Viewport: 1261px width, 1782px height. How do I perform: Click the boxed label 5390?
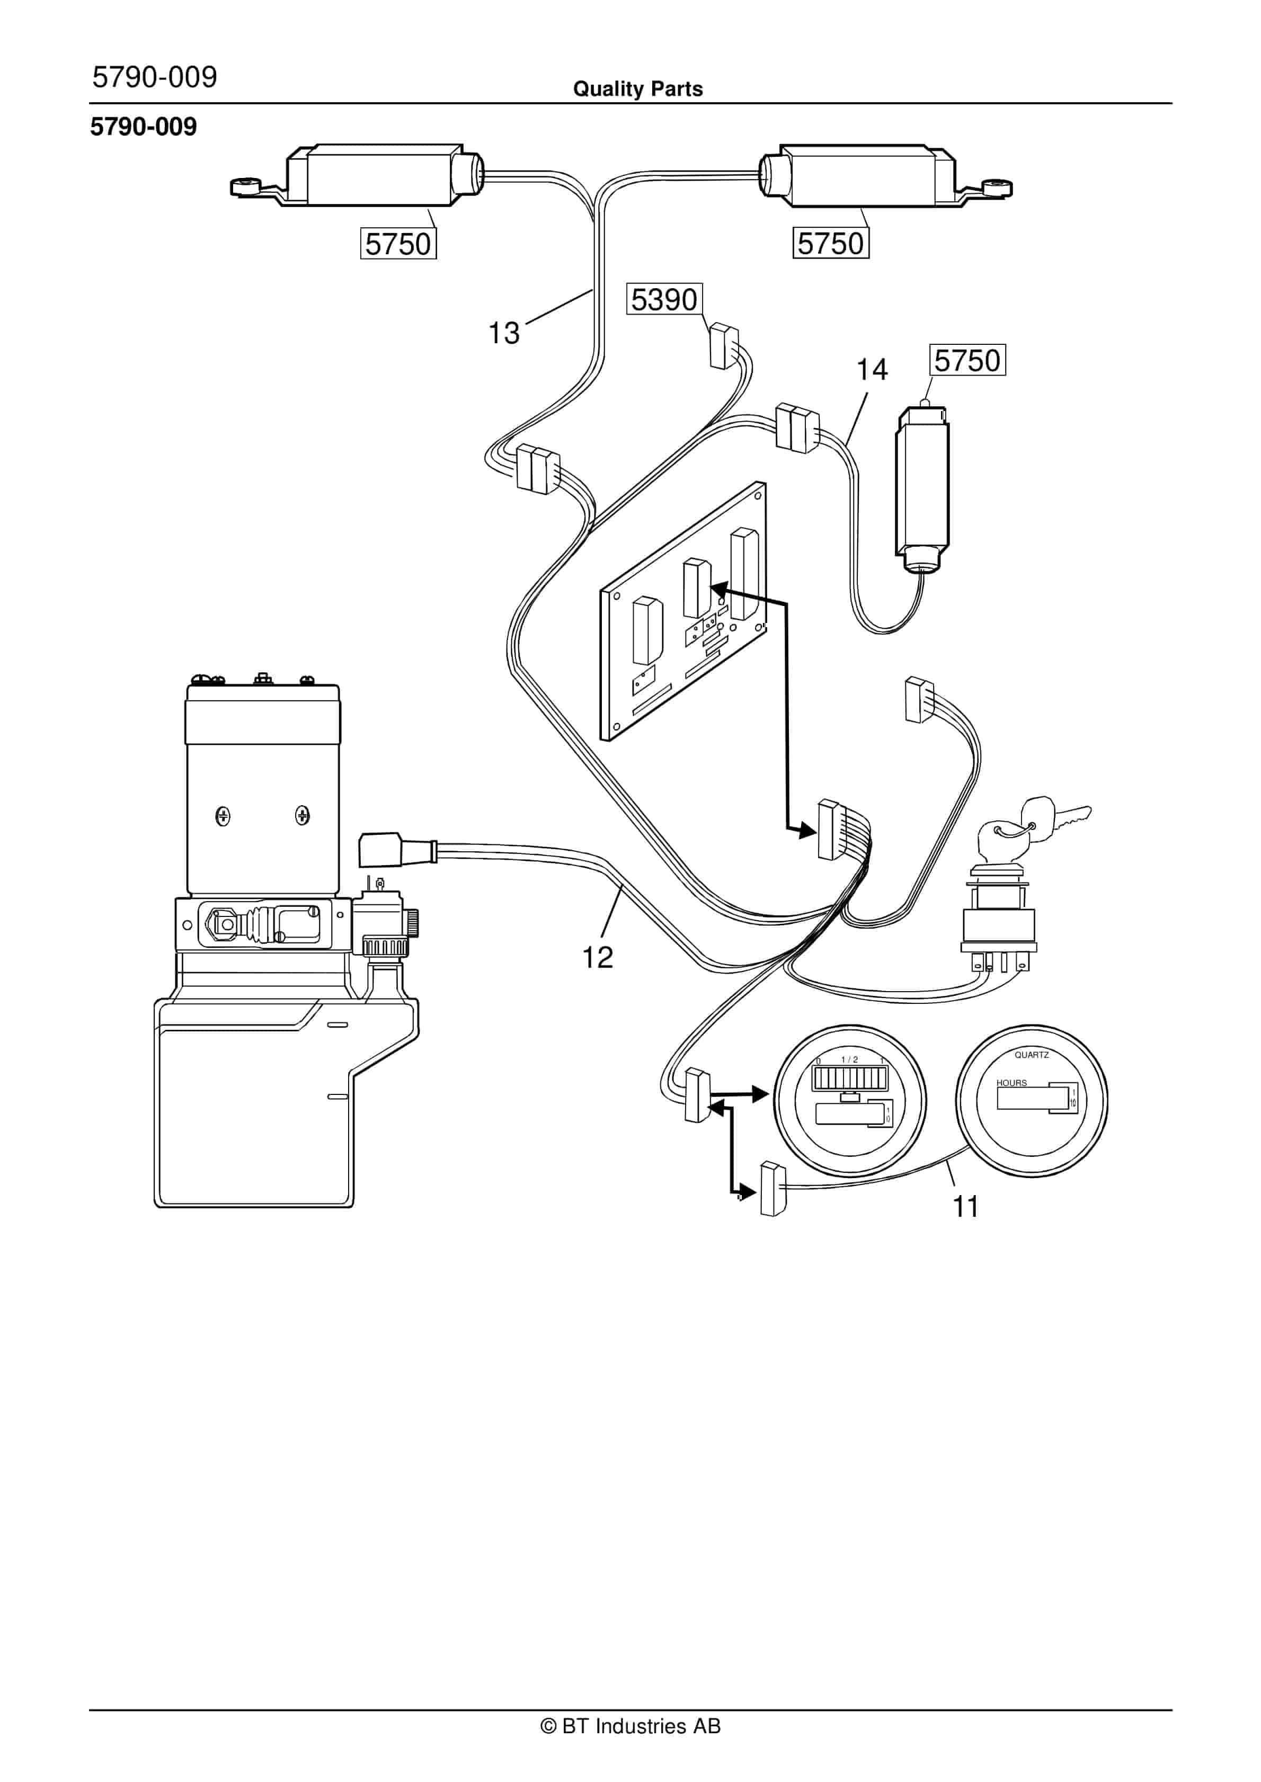[x=664, y=299]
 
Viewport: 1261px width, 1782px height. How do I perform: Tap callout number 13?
[x=503, y=333]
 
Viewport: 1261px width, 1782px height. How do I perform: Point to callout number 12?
[x=597, y=957]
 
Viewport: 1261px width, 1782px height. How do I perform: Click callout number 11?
[x=965, y=1206]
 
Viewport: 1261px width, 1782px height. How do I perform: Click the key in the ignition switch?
[x=1041, y=819]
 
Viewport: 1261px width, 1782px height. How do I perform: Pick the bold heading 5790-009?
[x=144, y=127]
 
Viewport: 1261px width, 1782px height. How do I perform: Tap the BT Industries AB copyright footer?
[x=630, y=1726]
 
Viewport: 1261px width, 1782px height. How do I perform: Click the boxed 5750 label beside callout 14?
[x=967, y=360]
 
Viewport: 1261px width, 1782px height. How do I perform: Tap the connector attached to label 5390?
[x=722, y=345]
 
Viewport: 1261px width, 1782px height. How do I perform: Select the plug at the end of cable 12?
[x=380, y=849]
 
